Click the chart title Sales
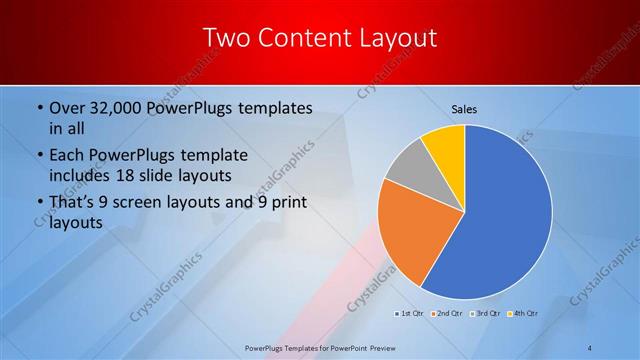pos(464,107)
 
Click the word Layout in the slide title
pos(394,39)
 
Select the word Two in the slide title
pos(227,39)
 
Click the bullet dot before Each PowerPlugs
pos(38,156)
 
